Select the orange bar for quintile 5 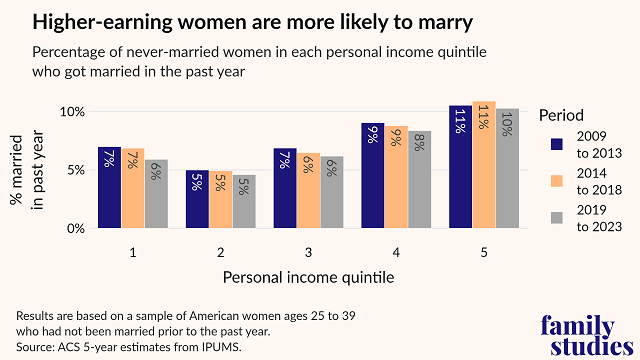click(484, 165)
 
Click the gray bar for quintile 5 click(507, 168)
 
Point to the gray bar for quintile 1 click(156, 194)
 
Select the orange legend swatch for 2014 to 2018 click(560, 181)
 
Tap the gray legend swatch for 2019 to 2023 click(560, 218)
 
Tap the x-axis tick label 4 click(396, 250)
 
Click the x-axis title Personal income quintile click(308, 274)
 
